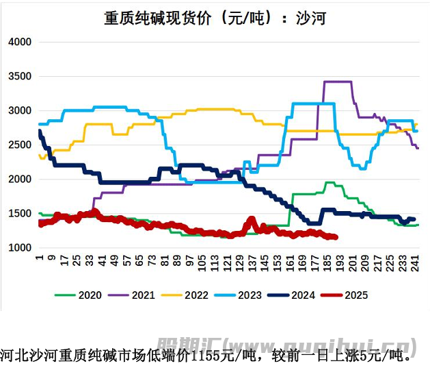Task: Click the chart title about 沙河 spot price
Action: tap(215, 18)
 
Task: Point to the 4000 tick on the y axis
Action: tap(20, 42)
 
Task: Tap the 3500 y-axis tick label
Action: tap(20, 76)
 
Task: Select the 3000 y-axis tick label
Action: tap(20, 110)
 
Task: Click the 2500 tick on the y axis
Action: tap(20, 145)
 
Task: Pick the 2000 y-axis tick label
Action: tap(20, 179)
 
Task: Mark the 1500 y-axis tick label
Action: tap(20, 213)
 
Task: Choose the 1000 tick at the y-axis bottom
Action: tap(20, 247)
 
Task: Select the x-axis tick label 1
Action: tap(40, 258)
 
